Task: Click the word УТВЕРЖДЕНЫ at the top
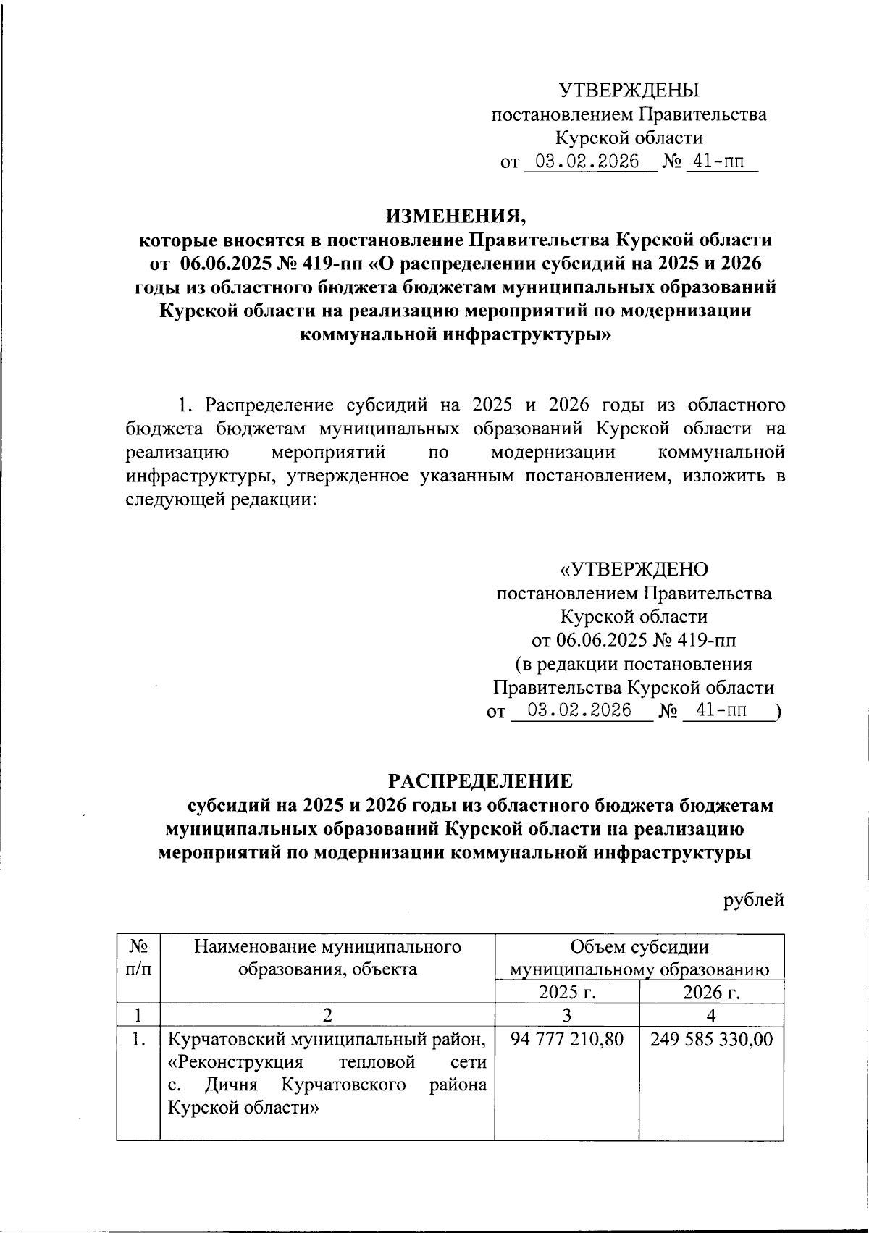(x=629, y=91)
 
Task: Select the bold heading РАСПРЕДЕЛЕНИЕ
(x=480, y=780)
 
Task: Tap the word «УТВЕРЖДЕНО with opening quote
(x=634, y=570)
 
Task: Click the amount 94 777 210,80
(x=566, y=1040)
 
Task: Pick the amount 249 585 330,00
(x=711, y=1040)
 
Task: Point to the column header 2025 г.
(x=567, y=992)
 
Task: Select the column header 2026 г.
(x=711, y=992)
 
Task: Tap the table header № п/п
(x=138, y=957)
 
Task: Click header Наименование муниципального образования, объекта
(x=328, y=957)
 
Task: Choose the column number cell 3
(x=567, y=1016)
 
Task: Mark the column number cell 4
(x=711, y=1016)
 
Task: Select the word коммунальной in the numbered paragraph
(x=721, y=453)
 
